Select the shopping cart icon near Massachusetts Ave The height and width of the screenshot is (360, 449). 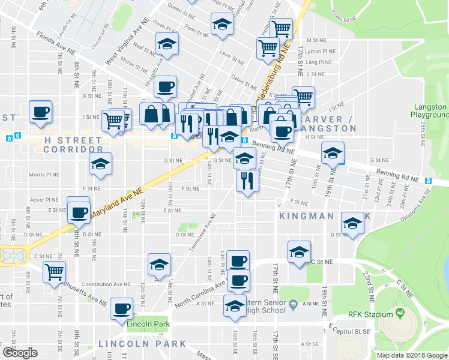55,271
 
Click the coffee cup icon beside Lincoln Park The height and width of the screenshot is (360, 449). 123,308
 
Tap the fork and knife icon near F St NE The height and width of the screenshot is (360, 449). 247,181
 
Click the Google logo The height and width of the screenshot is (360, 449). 20,353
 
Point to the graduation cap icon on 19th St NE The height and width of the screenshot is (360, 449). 333,152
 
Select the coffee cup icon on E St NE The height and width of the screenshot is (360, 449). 80,212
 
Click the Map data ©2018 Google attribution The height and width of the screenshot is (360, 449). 412,355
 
